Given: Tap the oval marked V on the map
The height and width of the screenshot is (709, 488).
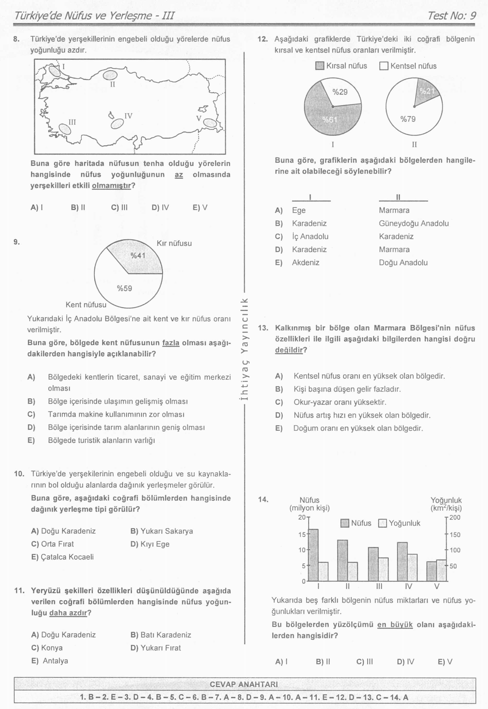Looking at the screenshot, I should pyautogui.click(x=210, y=123).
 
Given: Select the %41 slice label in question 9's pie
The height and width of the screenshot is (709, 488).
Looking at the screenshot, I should pyautogui.click(x=138, y=256).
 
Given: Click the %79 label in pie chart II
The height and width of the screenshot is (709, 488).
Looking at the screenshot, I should pyautogui.click(x=408, y=119).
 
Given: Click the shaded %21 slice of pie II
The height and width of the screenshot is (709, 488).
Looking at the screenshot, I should pyautogui.click(x=427, y=91).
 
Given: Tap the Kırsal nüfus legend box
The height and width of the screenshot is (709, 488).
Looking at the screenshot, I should pyautogui.click(x=319, y=66).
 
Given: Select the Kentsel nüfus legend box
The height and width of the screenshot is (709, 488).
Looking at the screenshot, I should pyautogui.click(x=383, y=66).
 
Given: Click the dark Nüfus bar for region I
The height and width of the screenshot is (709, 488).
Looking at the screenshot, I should pyautogui.click(x=313, y=555).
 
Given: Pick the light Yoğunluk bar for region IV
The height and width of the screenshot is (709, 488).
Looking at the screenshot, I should pyautogui.click(x=412, y=567).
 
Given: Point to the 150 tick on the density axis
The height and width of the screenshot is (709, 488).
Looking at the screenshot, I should pyautogui.click(x=455, y=535).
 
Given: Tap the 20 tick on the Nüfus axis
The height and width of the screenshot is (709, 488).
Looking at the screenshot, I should pyautogui.click(x=302, y=517).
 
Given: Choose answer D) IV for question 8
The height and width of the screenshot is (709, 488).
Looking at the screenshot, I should pyautogui.click(x=160, y=208).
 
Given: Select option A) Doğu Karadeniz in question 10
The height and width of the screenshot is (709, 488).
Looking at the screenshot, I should pyautogui.click(x=63, y=531).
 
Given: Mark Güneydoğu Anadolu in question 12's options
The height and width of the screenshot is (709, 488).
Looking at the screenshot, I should pyautogui.click(x=414, y=224).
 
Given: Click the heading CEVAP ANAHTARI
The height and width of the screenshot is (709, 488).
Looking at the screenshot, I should pyautogui.click(x=244, y=684).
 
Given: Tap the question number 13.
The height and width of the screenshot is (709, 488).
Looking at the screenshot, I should pyautogui.click(x=263, y=328).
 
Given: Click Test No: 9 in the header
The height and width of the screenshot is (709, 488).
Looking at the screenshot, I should pyautogui.click(x=452, y=15).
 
